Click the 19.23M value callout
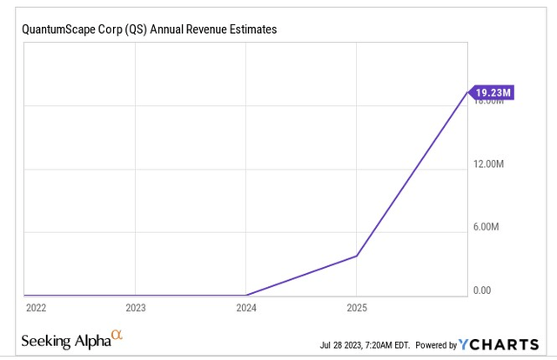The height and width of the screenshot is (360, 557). click(495, 91)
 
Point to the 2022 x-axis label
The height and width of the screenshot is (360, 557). click(37, 307)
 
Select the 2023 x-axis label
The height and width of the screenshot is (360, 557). click(136, 307)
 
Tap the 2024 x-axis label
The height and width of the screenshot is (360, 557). click(246, 307)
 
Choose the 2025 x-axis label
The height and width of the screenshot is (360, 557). click(357, 307)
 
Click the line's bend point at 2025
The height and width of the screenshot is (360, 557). click(357, 256)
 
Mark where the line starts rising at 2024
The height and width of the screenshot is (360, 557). click(247, 295)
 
